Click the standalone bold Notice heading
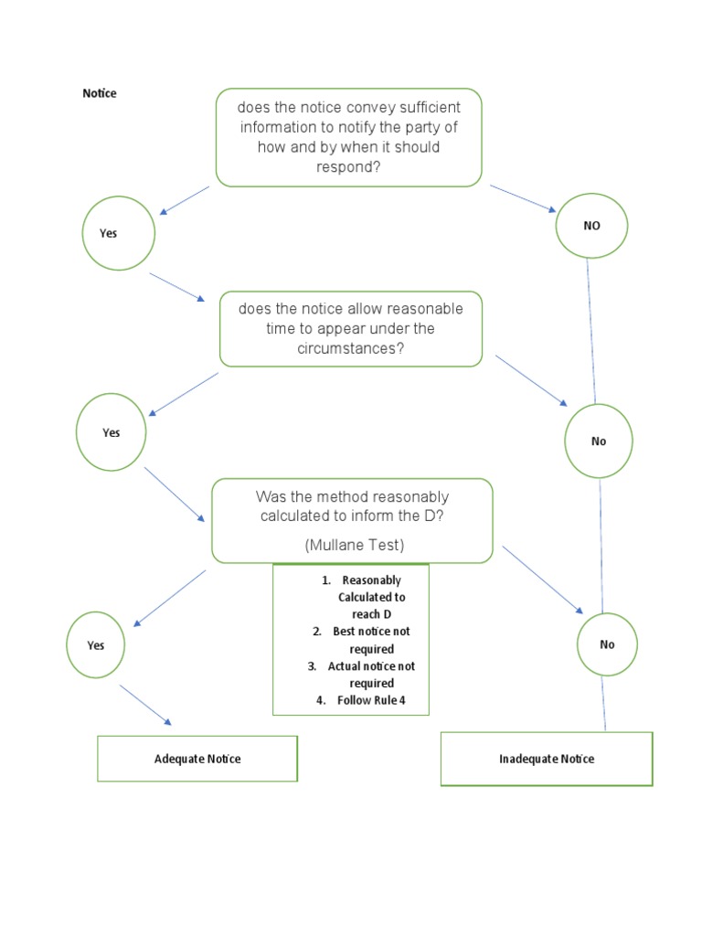[100, 93]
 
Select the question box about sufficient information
[348, 137]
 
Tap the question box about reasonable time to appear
[351, 329]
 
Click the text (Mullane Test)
[354, 545]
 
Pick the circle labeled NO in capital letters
[591, 226]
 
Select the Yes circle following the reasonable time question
[111, 432]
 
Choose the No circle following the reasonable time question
[599, 441]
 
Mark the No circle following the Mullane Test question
[607, 644]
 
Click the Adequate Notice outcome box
[197, 759]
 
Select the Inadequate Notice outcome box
[547, 759]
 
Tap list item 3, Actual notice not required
[360, 675]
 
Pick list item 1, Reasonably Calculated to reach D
[360, 597]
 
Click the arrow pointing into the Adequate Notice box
[144, 705]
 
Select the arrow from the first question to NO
[523, 198]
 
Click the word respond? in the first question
[348, 168]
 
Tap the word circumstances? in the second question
[351, 349]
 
